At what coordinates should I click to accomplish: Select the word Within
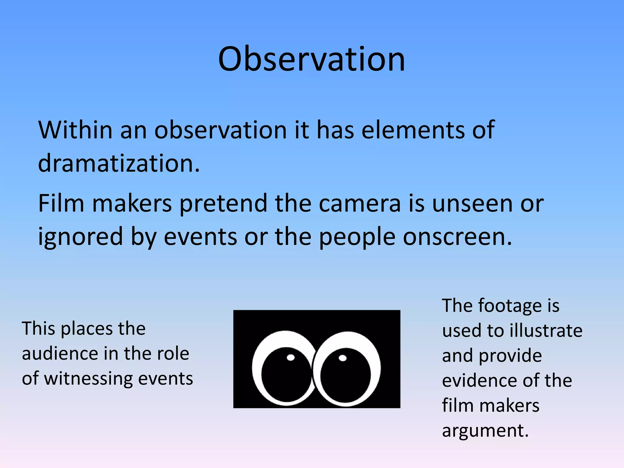[75, 130]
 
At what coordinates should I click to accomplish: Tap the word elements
[413, 130]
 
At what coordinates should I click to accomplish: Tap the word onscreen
[457, 237]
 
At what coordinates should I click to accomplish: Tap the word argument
[485, 431]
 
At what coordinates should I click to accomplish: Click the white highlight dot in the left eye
[291, 357]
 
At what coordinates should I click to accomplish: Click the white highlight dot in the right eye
[342, 358]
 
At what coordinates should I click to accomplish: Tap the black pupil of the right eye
[346, 378]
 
